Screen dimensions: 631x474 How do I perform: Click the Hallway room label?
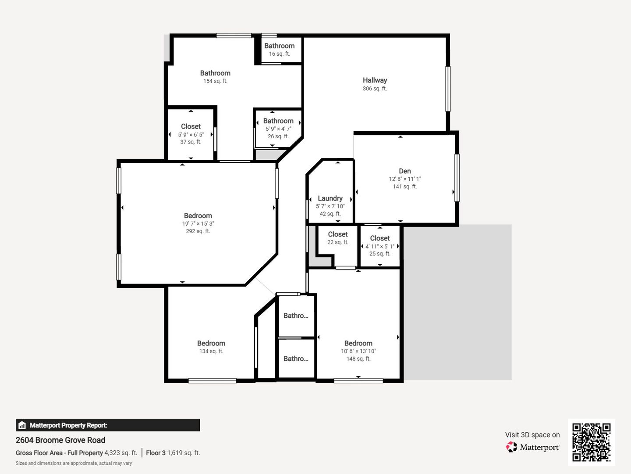(x=375, y=80)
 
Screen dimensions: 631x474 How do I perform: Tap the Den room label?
(x=405, y=171)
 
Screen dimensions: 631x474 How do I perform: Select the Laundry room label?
(x=330, y=198)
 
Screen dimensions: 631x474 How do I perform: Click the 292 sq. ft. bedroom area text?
(x=198, y=231)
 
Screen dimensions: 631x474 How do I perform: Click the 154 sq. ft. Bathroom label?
(x=215, y=73)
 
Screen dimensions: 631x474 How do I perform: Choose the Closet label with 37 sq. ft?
(x=191, y=126)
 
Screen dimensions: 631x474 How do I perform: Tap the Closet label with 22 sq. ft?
(x=338, y=234)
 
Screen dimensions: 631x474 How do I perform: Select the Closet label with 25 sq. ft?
(x=380, y=238)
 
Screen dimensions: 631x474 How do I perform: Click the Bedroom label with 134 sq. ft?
(x=211, y=343)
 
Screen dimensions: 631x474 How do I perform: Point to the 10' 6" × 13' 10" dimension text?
(x=358, y=351)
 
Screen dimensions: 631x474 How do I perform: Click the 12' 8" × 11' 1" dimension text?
(x=405, y=179)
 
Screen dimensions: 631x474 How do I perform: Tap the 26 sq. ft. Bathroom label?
(x=278, y=121)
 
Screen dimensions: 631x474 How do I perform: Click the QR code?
(x=591, y=442)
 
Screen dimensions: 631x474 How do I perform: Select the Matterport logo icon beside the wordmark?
(x=511, y=447)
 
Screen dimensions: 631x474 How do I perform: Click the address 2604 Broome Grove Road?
(x=60, y=440)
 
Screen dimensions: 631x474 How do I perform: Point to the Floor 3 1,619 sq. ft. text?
(x=173, y=452)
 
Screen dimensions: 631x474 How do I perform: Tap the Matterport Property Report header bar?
(x=107, y=425)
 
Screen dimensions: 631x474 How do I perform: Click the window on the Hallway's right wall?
(x=447, y=89)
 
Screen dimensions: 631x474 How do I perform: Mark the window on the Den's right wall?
(x=457, y=178)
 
